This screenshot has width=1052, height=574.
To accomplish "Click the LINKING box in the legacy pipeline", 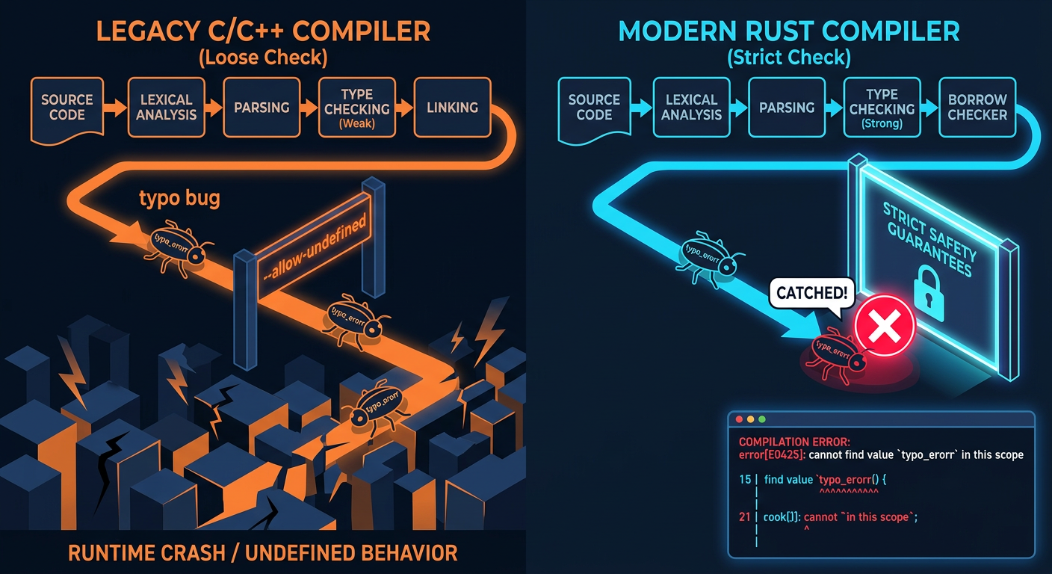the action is tap(452, 108).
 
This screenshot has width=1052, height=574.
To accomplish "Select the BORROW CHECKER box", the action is tap(977, 108).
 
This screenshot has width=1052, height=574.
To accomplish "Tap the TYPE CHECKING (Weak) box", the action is tap(357, 108).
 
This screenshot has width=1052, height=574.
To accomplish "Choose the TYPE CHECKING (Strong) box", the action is tap(882, 108).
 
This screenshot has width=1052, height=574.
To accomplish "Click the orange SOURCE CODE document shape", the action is tap(67, 110).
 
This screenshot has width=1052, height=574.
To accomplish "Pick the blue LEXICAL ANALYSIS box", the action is tap(691, 108).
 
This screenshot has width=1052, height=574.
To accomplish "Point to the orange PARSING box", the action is tap(262, 108).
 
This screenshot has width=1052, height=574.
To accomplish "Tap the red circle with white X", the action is tap(885, 326).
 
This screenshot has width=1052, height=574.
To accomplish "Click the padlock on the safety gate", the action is tap(929, 293).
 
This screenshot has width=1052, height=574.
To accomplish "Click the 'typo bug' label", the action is tap(179, 198).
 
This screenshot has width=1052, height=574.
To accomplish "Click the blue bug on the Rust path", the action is tap(708, 257).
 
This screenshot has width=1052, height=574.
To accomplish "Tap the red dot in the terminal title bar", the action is tap(739, 419).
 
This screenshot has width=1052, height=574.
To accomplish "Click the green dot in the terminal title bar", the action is tap(762, 419).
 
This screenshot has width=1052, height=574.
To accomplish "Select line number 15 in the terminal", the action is tap(745, 480).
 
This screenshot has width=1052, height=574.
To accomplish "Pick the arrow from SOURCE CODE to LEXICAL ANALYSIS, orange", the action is tap(115, 108).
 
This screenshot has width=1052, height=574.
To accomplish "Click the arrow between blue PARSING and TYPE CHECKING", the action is tap(834, 108).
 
